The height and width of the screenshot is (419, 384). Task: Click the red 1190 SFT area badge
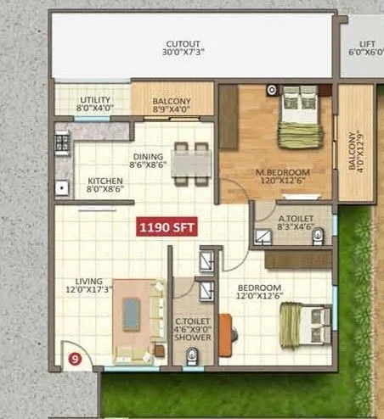[168, 227]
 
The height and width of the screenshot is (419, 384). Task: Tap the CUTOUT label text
[184, 43]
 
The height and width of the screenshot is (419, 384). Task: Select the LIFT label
[366, 43]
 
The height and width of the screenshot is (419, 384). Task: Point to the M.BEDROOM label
[283, 173]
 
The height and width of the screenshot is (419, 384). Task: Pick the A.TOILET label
[296, 219]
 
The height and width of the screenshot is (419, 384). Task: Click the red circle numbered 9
[75, 358]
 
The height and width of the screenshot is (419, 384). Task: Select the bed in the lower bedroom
[305, 326]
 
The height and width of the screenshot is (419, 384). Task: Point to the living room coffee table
[133, 315]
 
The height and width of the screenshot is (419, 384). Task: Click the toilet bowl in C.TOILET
[194, 355]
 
